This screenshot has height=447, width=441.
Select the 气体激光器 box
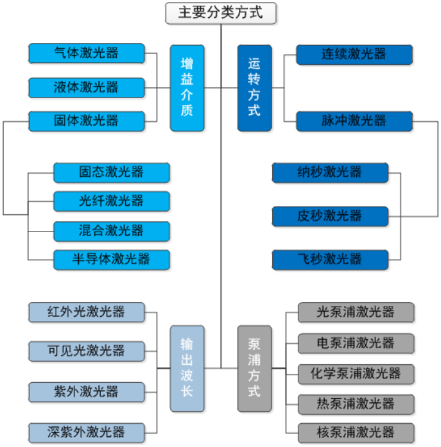[x=87, y=53]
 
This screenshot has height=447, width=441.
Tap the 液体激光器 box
[x=87, y=87]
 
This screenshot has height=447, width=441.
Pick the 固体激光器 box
[x=87, y=120]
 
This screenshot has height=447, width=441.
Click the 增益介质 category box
[x=187, y=88]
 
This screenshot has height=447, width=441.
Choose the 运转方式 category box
[x=254, y=88]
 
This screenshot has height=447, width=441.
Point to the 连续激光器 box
[x=354, y=54]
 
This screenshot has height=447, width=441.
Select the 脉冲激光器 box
[x=354, y=121]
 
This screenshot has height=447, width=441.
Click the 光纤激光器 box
[x=111, y=201]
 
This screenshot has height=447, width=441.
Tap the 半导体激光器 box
[x=111, y=259]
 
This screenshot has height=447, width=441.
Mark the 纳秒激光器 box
[x=330, y=172]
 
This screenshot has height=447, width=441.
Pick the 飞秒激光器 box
[x=330, y=259]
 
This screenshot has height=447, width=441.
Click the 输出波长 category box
[x=187, y=368]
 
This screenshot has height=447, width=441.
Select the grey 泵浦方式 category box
[x=254, y=368]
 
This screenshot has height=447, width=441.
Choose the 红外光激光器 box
[x=87, y=312]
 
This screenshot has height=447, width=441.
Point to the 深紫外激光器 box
[x=87, y=432]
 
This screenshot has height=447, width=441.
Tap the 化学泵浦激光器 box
[x=356, y=373]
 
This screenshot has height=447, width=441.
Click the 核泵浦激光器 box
[x=356, y=432]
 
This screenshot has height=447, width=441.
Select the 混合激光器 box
[x=111, y=231]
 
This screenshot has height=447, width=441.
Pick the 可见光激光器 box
[x=87, y=351]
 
